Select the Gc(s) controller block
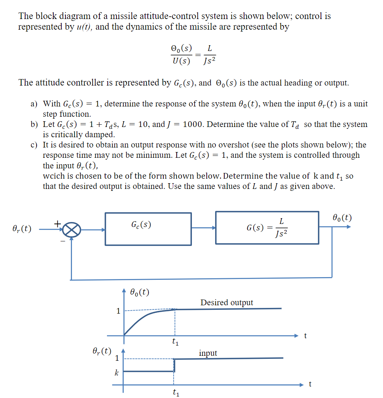tap(148, 228)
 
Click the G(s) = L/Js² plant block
tap(267, 227)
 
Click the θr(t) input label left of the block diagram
tap(22, 229)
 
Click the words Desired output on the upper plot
tap(227, 303)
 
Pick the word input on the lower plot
tap(208, 353)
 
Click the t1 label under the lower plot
tap(176, 392)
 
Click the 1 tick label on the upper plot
tap(118, 311)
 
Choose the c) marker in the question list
tap(34, 145)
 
